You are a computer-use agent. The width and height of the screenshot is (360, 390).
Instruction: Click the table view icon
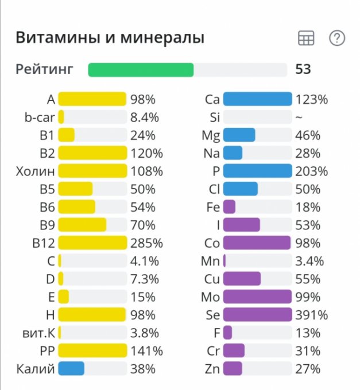point(306,38)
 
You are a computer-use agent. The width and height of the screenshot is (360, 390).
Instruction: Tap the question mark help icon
point(336,38)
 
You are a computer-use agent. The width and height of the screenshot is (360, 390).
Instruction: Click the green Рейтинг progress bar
point(141,70)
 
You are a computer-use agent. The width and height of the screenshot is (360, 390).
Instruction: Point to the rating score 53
point(303,70)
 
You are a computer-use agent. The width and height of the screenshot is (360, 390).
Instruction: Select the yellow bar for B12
point(92,243)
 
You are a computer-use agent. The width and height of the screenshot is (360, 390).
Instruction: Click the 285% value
point(146,243)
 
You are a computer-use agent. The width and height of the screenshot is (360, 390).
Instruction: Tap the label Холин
point(36,171)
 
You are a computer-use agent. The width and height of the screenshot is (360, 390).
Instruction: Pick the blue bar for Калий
point(71,368)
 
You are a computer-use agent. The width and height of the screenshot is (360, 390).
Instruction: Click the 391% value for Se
point(312,314)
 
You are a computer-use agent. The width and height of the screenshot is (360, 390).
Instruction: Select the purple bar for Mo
point(257,297)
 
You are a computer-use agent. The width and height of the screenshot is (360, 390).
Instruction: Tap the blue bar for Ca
point(257,99)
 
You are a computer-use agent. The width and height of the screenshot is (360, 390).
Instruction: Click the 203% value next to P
point(312,171)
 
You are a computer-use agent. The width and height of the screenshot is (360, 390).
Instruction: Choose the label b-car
point(40,117)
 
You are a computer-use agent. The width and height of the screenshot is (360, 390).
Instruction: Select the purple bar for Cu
point(242,279)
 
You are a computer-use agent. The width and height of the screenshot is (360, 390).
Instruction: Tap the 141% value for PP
point(146,350)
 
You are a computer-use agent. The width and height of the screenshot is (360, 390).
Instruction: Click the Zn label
point(212,368)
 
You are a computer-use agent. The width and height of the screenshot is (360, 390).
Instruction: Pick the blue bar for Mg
point(239,135)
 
